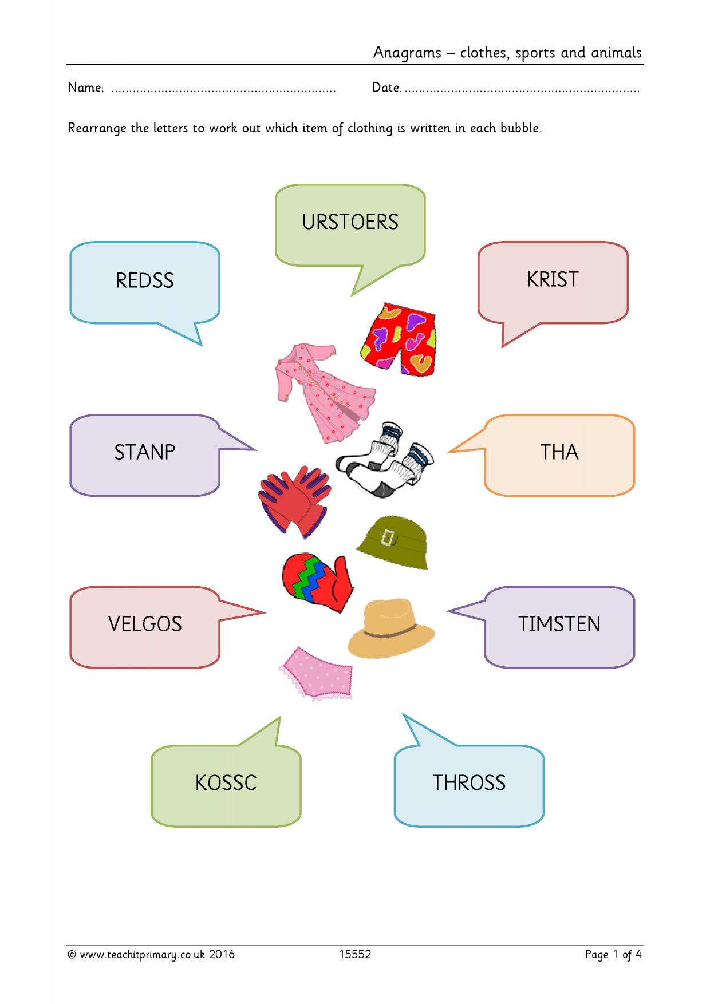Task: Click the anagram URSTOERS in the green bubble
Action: click(350, 222)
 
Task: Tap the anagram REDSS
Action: click(145, 280)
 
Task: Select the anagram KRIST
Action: click(553, 279)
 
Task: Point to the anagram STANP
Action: click(145, 452)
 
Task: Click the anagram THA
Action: click(559, 452)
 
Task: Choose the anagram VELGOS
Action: click(145, 624)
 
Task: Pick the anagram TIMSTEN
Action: click(559, 624)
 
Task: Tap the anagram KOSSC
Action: click(226, 783)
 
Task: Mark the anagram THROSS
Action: click(469, 783)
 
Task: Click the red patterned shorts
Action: click(399, 339)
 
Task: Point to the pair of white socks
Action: click(385, 459)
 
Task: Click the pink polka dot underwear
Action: click(316, 674)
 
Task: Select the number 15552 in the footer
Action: click(355, 954)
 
